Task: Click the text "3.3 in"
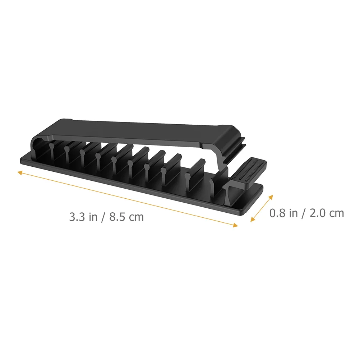pos(83,217)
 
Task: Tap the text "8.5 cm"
pos(126,217)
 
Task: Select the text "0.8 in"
pos(283,213)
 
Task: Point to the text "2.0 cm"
pos(327,213)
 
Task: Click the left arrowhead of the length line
pos(20,172)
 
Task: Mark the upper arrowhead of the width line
pos(271,197)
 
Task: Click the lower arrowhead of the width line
pos(253,220)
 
